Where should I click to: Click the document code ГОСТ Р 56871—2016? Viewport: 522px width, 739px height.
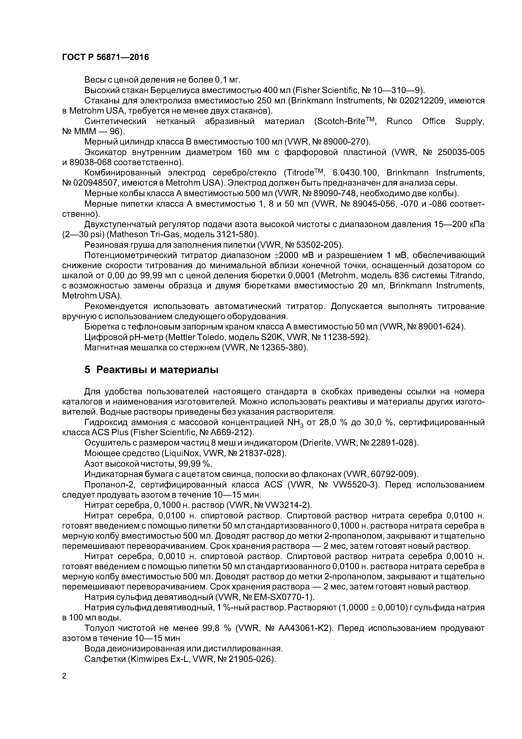point(105,57)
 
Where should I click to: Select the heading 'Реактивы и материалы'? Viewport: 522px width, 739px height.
point(157,370)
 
